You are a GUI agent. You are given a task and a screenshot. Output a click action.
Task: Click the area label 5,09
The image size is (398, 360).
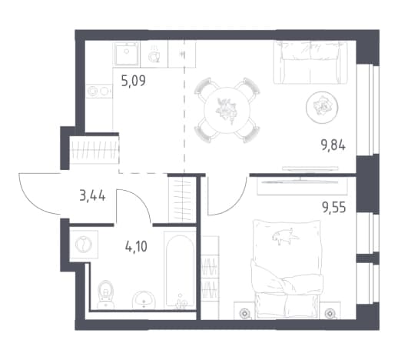(x=133, y=81)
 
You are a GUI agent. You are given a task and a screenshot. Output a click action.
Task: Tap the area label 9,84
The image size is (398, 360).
(x=333, y=145)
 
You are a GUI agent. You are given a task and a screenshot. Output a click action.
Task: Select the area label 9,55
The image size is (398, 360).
(x=334, y=208)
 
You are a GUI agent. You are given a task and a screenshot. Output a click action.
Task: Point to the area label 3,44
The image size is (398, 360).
(x=92, y=197)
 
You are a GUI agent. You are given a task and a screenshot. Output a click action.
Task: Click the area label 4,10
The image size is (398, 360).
(x=136, y=247)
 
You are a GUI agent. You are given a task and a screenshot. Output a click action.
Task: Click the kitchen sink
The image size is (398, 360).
(x=127, y=54)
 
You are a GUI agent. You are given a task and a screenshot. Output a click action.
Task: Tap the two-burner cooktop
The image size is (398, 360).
(x=99, y=91)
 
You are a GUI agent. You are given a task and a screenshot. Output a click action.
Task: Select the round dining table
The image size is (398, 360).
(x=227, y=110)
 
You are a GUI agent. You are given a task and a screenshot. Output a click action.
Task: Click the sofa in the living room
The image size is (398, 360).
(x=310, y=62)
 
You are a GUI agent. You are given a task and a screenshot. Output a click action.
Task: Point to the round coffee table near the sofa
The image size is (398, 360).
(x=322, y=108)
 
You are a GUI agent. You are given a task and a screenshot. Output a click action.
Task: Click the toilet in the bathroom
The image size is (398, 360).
(x=105, y=294)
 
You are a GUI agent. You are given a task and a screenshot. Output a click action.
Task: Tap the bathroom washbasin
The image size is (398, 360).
(x=144, y=300)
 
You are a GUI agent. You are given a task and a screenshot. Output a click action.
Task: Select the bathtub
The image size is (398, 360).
(x=180, y=270)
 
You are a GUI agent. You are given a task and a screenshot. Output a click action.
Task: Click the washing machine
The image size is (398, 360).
(x=84, y=244)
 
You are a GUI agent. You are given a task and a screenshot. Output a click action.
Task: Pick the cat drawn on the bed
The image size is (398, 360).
(x=285, y=236)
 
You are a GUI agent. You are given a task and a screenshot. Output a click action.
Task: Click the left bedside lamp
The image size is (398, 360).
(x=244, y=313)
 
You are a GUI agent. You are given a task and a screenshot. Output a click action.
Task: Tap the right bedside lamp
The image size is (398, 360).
(x=330, y=313)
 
